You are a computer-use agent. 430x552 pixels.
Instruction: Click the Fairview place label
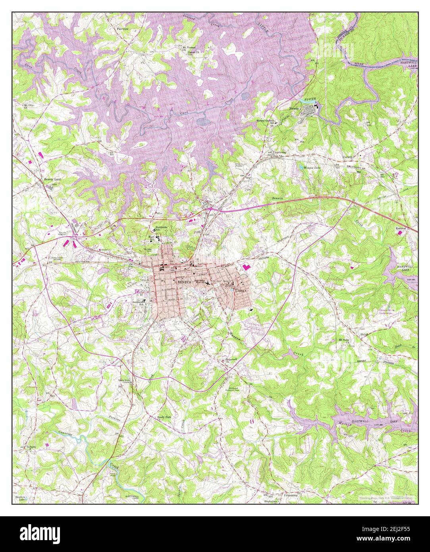[122, 29]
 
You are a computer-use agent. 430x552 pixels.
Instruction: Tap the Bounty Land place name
[52, 179]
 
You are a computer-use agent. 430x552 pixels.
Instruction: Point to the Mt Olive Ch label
[27, 106]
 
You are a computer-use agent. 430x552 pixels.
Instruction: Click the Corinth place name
[347, 157]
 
